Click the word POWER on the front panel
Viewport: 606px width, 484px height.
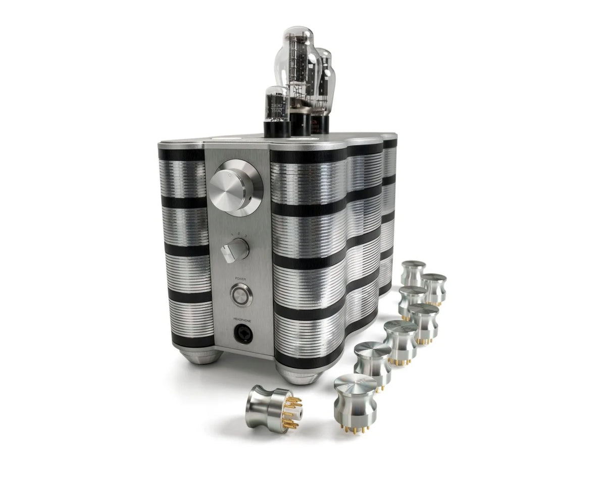pyautogui.click(x=239, y=278)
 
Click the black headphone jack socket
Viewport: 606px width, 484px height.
pyautogui.click(x=242, y=334)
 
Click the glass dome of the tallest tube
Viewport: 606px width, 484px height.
pyautogui.click(x=297, y=40)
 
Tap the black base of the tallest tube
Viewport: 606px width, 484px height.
pyautogui.click(x=300, y=123)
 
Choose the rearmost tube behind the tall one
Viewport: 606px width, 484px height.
pyautogui.click(x=324, y=76)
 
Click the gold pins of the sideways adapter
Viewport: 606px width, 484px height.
pyautogui.click(x=292, y=412)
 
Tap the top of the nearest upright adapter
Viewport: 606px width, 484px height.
pyautogui.click(x=355, y=384)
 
